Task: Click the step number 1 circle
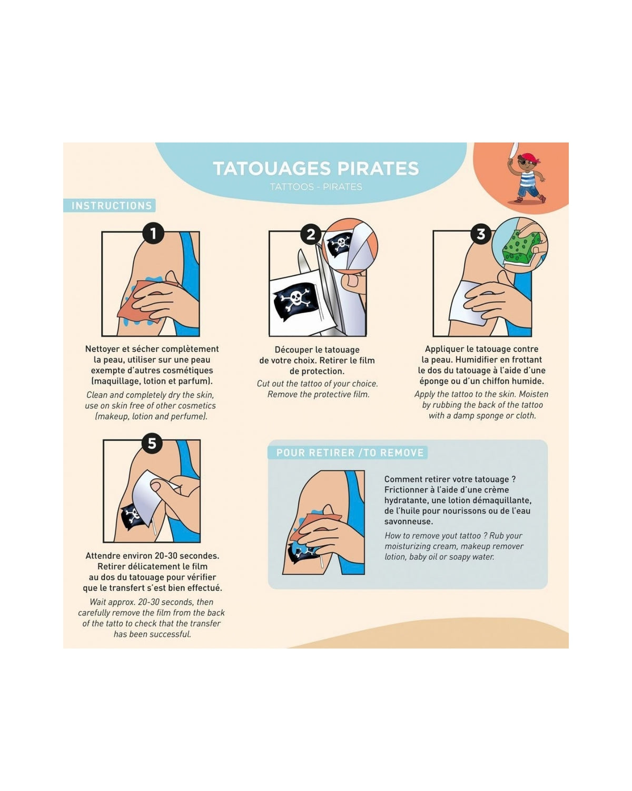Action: pos(153,233)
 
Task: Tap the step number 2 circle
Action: pos(311,234)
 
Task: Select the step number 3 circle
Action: pos(481,234)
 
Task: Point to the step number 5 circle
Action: pos(152,443)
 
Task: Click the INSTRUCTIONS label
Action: pos(112,206)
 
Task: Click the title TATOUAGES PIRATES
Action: pos(316,168)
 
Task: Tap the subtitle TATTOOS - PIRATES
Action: pos(316,187)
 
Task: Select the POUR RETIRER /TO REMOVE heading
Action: pos(350,452)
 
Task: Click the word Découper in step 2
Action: pos(292,350)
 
